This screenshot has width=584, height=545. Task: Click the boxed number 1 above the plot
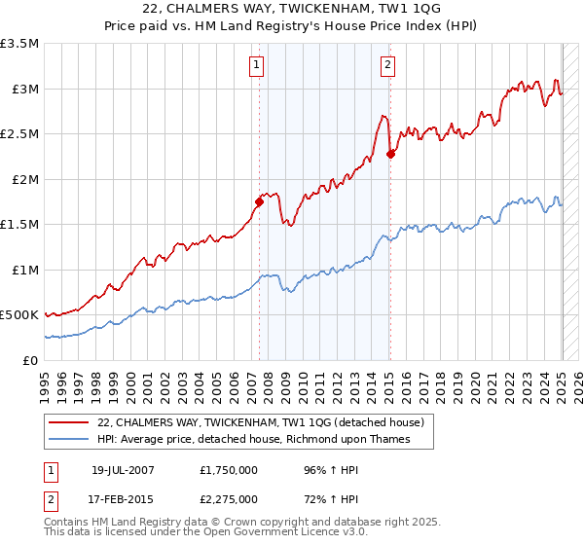click(x=256, y=65)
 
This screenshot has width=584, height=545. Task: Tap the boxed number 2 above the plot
click(x=387, y=65)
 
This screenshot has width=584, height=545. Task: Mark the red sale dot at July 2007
click(x=259, y=202)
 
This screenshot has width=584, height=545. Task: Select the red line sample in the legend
click(x=70, y=423)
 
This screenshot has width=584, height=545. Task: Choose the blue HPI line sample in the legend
click(x=70, y=439)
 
